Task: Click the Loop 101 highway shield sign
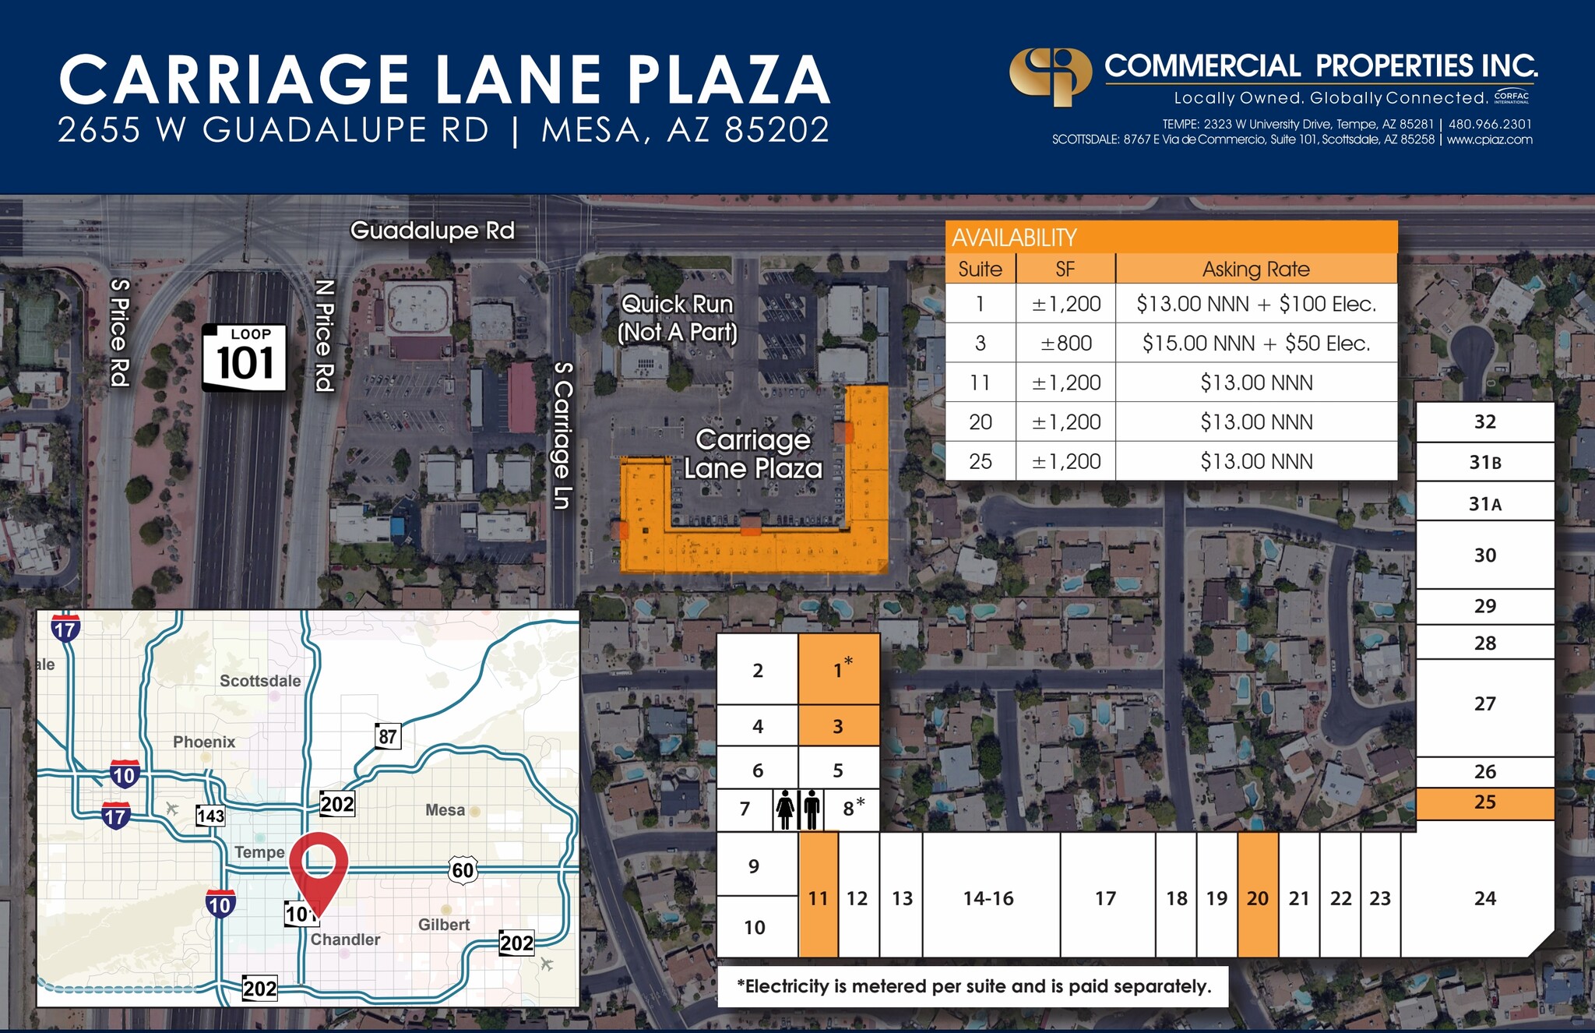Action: (245, 358)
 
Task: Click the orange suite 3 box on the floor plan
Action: (838, 726)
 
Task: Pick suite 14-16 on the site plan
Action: (988, 897)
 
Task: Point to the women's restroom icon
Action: (785, 810)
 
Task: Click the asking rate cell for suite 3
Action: (1255, 343)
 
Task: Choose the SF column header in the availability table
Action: (1065, 269)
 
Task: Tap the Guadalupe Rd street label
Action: (432, 231)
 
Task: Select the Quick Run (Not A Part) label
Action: (677, 318)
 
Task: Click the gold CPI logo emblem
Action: (1050, 76)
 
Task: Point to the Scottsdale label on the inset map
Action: (260, 681)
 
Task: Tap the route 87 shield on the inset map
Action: (387, 736)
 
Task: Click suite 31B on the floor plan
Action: (1484, 463)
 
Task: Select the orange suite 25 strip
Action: (1484, 802)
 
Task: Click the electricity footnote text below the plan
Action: (974, 986)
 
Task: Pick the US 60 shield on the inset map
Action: (463, 869)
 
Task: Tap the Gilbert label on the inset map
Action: (444, 925)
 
